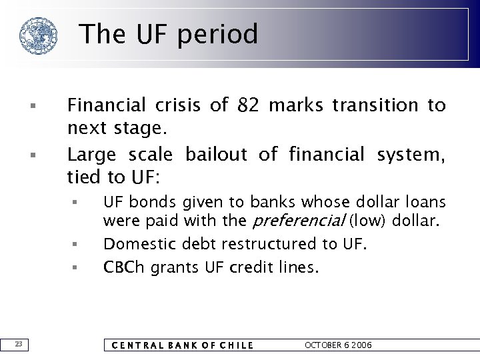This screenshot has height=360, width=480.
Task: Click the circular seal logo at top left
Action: pyautogui.click(x=38, y=35)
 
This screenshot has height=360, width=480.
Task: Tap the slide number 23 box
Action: pyautogui.click(x=19, y=344)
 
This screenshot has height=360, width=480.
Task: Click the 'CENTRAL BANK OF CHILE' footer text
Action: pyautogui.click(x=182, y=345)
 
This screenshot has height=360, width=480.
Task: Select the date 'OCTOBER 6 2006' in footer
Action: pyautogui.click(x=338, y=345)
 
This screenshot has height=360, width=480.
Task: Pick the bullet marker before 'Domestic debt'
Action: pyautogui.click(x=76, y=245)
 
